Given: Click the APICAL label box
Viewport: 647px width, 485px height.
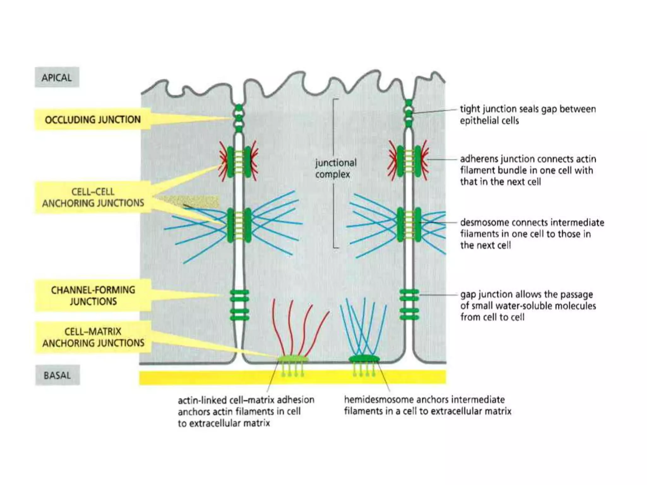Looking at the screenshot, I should (57, 77).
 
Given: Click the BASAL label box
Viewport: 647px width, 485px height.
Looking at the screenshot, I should (57, 375).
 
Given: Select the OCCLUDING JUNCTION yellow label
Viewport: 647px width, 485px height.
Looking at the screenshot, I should (93, 120).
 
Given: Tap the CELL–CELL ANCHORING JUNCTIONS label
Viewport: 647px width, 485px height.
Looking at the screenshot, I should (93, 197).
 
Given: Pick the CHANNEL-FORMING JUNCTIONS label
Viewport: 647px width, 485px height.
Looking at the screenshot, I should (93, 296).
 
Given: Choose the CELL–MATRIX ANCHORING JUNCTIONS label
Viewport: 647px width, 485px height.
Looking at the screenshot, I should (93, 337).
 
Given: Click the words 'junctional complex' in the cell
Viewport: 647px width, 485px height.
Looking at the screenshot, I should (336, 169).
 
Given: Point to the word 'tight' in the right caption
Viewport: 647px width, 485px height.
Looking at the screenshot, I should (467, 109).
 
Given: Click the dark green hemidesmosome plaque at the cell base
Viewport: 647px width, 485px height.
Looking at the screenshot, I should (364, 359).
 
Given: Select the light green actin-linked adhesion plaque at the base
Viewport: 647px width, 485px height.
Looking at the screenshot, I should (293, 358).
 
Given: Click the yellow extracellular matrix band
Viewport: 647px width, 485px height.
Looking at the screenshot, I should (293, 377).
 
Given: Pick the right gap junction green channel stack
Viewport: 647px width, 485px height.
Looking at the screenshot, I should (409, 305).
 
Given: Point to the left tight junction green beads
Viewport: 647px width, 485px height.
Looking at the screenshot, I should (239, 118).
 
